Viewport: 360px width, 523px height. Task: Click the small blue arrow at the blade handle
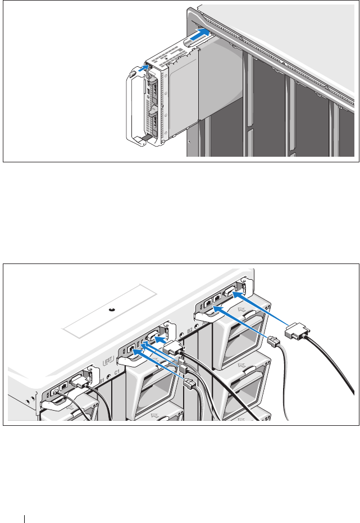[x=144, y=69]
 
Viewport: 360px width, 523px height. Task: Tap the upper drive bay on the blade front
[x=152, y=90]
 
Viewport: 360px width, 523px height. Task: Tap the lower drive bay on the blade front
[x=152, y=120]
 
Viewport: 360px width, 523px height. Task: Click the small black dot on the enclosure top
[x=111, y=310]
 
